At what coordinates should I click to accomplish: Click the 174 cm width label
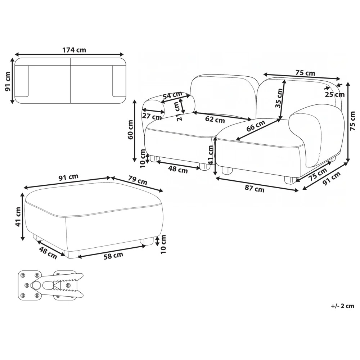coord(74,50)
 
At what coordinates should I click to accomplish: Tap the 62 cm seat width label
coord(215,120)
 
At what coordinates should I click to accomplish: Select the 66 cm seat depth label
coord(256,126)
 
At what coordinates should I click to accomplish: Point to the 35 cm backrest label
coord(279,98)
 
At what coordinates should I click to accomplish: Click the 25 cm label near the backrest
coord(335,94)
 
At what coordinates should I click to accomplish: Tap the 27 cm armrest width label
coord(152,116)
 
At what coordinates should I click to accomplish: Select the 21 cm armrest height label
coord(178,111)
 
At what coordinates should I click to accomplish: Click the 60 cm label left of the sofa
coord(130,130)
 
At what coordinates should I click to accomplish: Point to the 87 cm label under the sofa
coord(255,189)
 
